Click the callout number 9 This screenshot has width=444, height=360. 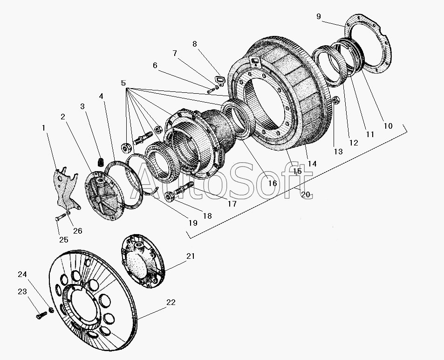tap(319, 16)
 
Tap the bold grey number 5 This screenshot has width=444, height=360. tap(123, 83)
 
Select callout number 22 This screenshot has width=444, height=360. tap(171, 303)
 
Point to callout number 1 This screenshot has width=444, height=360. tap(44, 128)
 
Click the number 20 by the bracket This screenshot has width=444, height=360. tap(306, 194)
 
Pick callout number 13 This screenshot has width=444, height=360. tap(338, 152)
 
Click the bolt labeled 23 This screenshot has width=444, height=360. tap(41, 315)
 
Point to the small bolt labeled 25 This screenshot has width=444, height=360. tap(61, 217)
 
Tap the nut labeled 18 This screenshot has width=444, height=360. tap(169, 196)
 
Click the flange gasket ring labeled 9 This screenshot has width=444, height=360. tap(368, 46)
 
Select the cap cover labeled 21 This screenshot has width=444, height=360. tap(143, 261)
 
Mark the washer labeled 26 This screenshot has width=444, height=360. tap(68, 213)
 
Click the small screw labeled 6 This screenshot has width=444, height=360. tap(210, 91)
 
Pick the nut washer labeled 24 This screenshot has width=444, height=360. tap(52, 310)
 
